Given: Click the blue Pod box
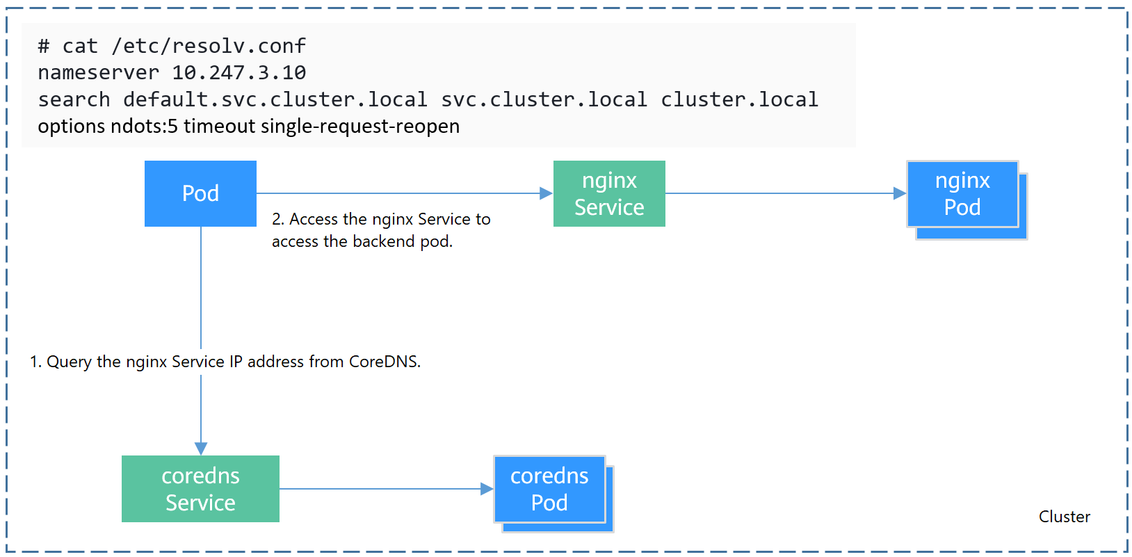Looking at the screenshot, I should click(200, 193).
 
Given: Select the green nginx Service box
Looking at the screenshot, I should click(609, 193).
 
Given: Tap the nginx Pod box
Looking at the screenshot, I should click(962, 194).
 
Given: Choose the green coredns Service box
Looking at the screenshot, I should click(200, 489).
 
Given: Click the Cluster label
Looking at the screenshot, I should click(1064, 517).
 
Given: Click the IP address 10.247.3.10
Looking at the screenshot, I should click(238, 72).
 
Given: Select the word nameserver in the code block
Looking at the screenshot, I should click(98, 72).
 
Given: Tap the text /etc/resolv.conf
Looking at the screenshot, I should click(208, 46).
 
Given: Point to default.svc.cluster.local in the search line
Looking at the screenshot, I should click(275, 99).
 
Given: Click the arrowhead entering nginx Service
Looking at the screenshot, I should click(547, 193).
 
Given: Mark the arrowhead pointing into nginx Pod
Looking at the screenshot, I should click(900, 193).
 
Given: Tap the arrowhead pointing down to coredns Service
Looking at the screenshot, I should click(201, 449).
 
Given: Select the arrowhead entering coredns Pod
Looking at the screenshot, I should click(487, 489).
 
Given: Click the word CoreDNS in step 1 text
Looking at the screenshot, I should click(384, 362).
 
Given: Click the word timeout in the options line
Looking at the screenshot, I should click(220, 127).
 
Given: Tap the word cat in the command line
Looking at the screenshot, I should click(80, 46).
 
